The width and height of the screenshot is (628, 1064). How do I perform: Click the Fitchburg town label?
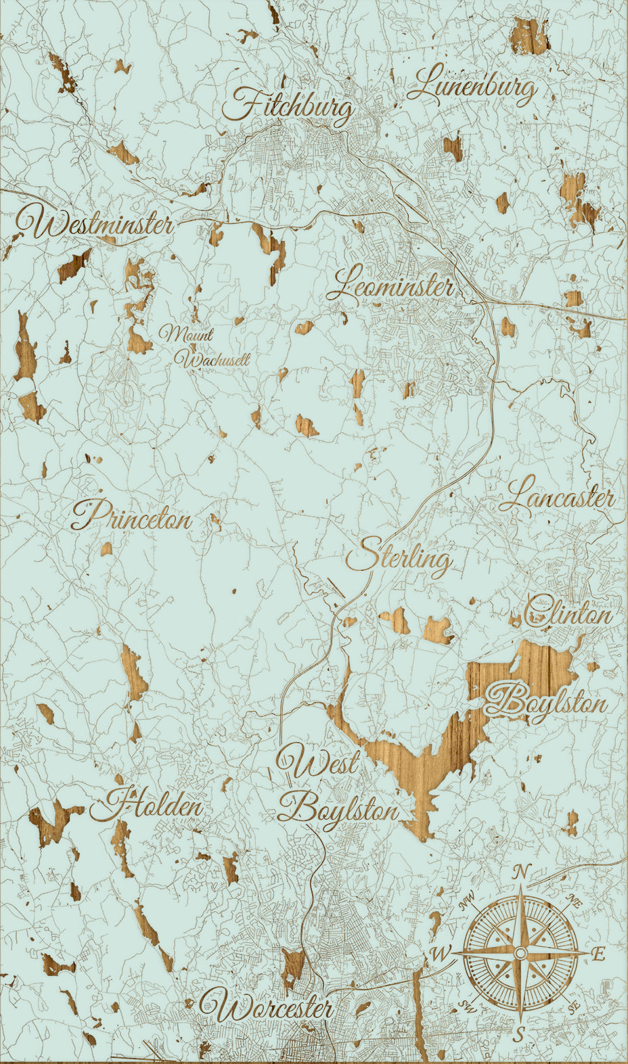[290, 106]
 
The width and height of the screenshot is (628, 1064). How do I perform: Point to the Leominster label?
[390, 285]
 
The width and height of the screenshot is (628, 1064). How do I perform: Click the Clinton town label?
[568, 614]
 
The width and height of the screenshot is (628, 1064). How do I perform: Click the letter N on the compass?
[520, 873]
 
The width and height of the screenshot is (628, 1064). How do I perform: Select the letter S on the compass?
[519, 1034]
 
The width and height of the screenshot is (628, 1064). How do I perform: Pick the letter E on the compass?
[598, 954]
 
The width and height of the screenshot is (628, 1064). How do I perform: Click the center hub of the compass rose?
[520, 953]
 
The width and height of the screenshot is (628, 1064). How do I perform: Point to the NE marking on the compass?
[574, 901]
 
